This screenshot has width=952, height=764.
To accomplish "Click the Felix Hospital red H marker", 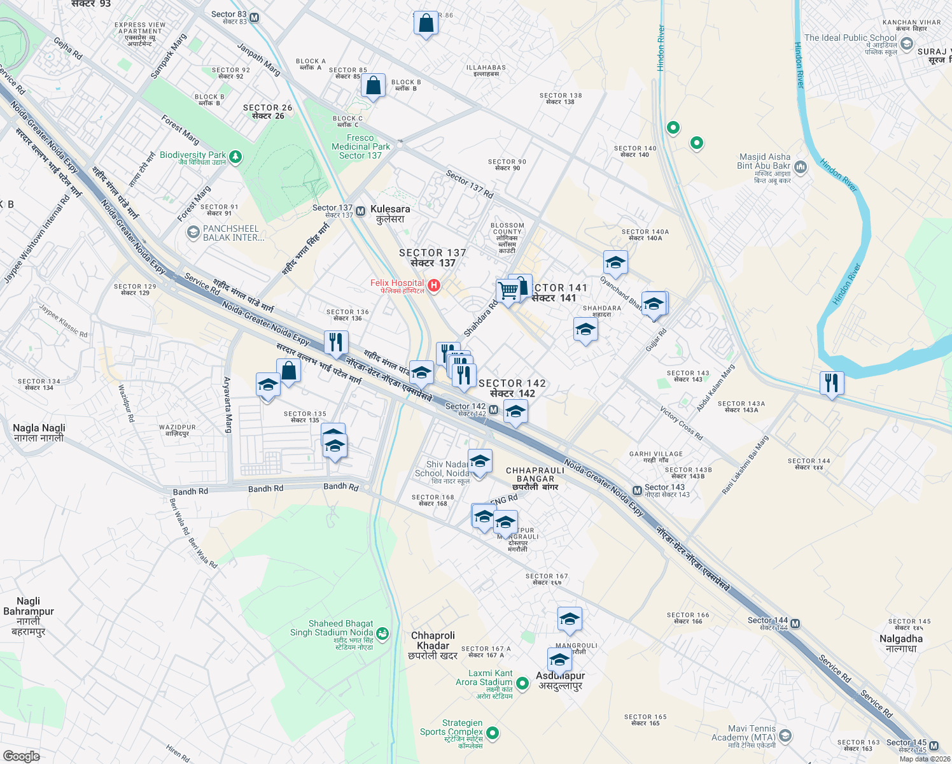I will [x=434, y=285].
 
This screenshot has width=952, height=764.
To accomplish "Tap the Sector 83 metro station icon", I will [x=255, y=17].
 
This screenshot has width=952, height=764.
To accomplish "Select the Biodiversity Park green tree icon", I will [x=235, y=157].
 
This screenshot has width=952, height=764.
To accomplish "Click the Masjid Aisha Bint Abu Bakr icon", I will [x=801, y=167].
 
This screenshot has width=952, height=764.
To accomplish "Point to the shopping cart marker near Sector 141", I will [x=508, y=291].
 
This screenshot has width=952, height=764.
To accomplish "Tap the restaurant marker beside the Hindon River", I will [x=831, y=383].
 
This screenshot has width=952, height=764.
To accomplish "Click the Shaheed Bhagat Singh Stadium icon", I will [x=382, y=633].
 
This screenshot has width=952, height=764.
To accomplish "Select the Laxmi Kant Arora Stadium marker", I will [x=522, y=683].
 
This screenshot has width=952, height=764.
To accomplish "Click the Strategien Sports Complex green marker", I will [x=492, y=734].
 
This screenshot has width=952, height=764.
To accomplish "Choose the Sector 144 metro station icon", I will [x=795, y=623].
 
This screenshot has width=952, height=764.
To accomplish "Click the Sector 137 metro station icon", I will [x=360, y=211].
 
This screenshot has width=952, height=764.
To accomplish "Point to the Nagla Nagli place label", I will [x=39, y=433].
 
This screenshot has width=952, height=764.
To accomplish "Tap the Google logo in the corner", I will [x=21, y=756].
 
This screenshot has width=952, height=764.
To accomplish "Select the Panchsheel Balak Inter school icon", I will [x=193, y=232].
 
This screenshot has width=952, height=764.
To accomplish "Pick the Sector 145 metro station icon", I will [x=934, y=746].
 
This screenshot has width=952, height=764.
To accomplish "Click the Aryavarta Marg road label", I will [x=227, y=405].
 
